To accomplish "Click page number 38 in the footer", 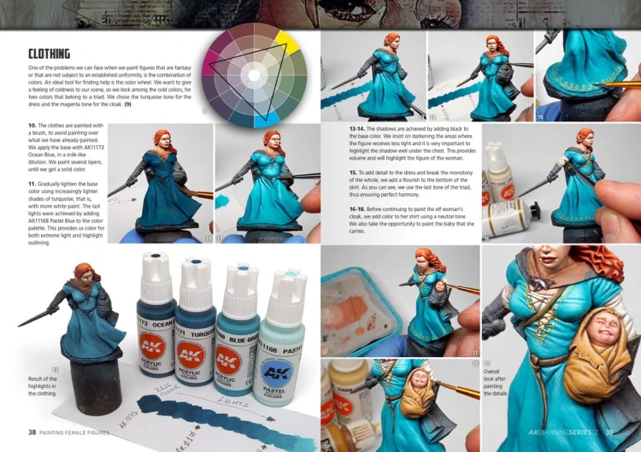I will click(x=32, y=432).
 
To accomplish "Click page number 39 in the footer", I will click(x=609, y=432).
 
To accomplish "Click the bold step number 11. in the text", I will click(x=32, y=184).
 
